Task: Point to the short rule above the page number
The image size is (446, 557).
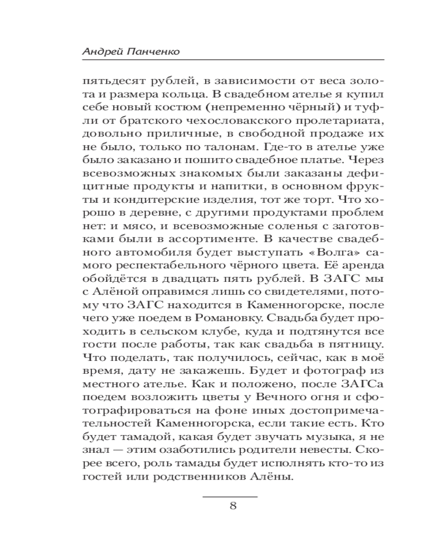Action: (230, 495)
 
